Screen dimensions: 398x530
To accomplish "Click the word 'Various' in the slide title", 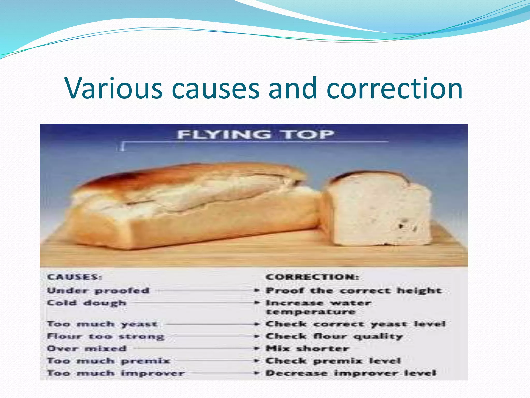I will coord(114,89).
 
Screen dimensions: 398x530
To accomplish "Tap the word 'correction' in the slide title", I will coord(394,89).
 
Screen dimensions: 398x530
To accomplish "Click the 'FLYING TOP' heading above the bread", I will coord(255,135).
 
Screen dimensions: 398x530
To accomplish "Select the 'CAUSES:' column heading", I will coord(75,277).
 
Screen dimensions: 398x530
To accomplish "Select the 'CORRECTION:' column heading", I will coord(312,277).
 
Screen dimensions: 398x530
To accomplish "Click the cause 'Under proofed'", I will coord(98,291).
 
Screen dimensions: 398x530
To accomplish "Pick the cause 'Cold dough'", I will coord(87,303).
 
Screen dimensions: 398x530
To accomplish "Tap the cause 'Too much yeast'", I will coord(102,324).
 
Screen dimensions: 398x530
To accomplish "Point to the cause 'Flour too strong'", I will coord(106,336).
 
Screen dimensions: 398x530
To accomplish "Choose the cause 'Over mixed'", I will coord(87,349).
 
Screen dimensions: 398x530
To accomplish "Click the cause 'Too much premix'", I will coord(108,361).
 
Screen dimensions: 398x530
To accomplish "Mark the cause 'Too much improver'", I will coord(116,373).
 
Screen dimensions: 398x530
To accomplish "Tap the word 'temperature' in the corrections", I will coord(311,312).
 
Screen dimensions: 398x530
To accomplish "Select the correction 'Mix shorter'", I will coord(307,349).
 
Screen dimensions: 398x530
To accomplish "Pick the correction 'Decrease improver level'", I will coord(351,373).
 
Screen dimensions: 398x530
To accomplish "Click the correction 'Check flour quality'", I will coord(334,336).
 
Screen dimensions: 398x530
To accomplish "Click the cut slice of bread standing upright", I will coord(375,210).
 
